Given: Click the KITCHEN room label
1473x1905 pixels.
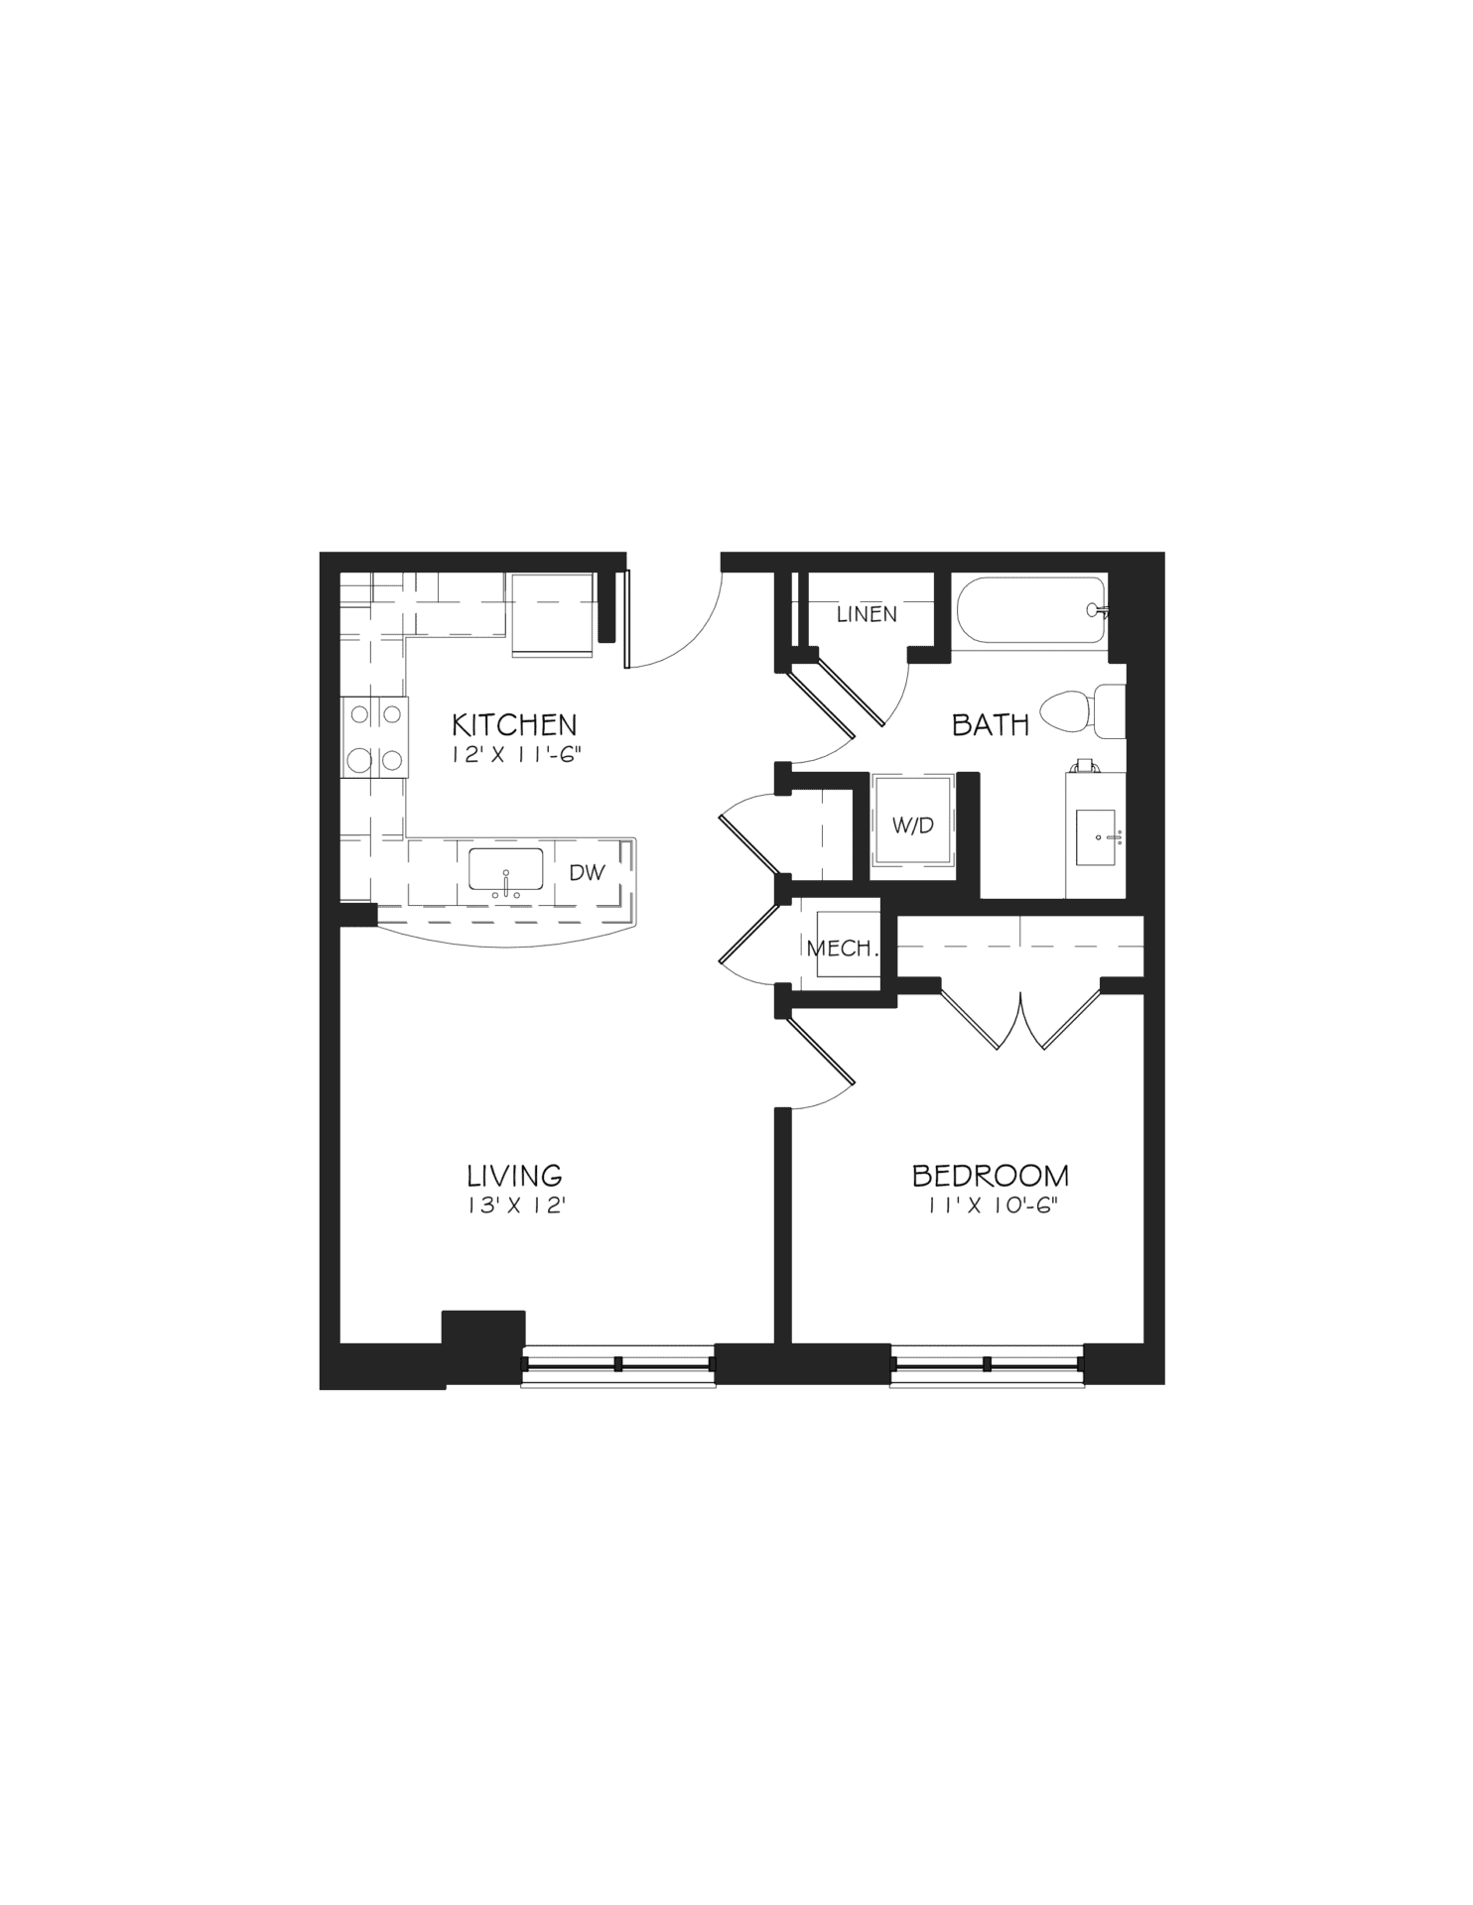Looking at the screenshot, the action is pos(514,722).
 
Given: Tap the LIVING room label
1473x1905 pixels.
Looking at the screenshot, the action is pos(515,1176).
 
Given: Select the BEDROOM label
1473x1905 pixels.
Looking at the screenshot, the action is pos(991,1176).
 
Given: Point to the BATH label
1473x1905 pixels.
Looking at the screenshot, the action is pos(991,725).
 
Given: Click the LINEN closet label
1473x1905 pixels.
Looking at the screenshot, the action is pos(867,614).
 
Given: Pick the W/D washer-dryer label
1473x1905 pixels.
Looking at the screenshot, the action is pos(913,825).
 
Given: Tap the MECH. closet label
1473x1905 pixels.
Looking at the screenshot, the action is pos(843,948).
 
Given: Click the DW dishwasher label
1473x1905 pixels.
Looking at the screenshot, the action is pos(587,873).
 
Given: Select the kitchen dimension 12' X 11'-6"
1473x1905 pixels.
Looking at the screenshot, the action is pos(515,753).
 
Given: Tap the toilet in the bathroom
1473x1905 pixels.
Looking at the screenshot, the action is pos(1083,711).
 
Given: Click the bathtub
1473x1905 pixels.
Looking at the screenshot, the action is pos(1032,613).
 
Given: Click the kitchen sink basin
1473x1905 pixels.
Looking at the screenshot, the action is pos(506,870).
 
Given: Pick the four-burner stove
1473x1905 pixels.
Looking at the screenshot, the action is pos(374,737).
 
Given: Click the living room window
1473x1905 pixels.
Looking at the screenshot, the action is pos(618,1364).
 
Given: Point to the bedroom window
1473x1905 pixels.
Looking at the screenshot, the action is pos(988,1364).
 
